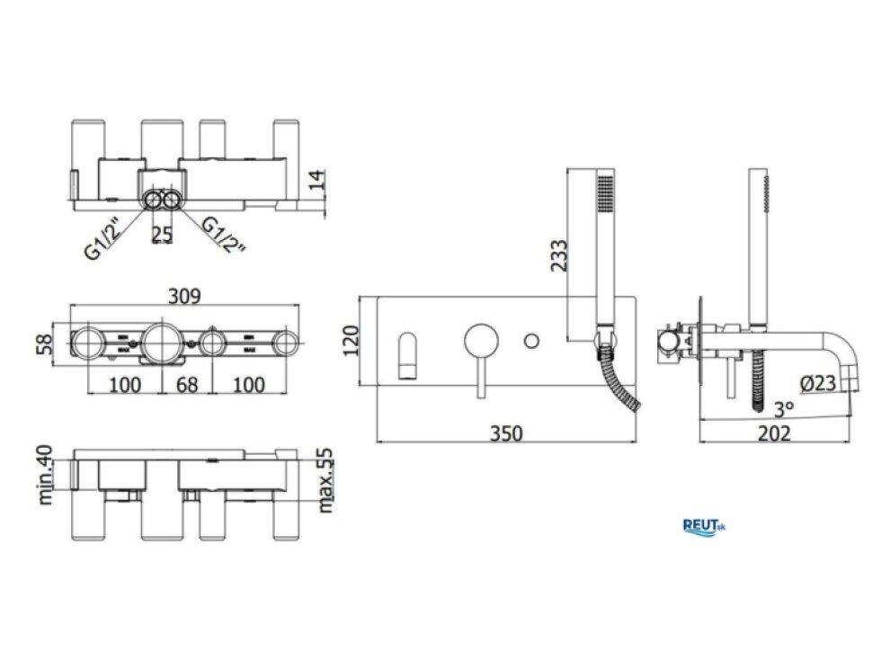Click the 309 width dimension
[184, 296]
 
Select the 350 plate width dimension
[506, 433]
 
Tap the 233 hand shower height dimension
[559, 255]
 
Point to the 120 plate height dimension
[351, 341]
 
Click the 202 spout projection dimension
[774, 433]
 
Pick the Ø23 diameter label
[817, 383]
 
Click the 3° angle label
[784, 408]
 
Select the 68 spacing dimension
[187, 385]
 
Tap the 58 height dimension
[44, 344]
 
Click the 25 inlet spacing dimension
[162, 235]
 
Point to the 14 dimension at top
[317, 180]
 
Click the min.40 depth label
[44, 475]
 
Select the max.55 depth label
[325, 480]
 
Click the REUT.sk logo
[704, 527]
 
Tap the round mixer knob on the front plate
[481, 341]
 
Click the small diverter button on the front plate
[531, 341]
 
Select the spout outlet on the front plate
[408, 356]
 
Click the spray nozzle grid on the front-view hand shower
[605, 194]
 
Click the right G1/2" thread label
[224, 235]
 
